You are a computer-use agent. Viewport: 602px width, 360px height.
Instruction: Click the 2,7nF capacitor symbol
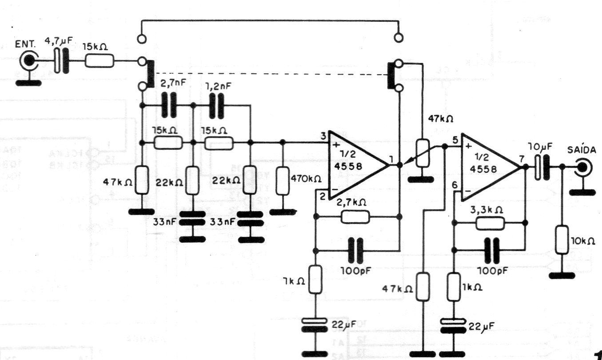[x=168, y=106]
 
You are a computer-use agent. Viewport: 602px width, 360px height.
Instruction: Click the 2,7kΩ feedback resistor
[x=355, y=216]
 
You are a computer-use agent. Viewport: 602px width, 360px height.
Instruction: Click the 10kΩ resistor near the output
[x=562, y=240]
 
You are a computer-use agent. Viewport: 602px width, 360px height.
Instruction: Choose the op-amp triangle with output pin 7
[x=489, y=167]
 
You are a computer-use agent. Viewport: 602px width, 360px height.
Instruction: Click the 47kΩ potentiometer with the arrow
[x=423, y=154]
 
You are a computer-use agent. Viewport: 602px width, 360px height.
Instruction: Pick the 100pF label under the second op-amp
[x=492, y=270]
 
